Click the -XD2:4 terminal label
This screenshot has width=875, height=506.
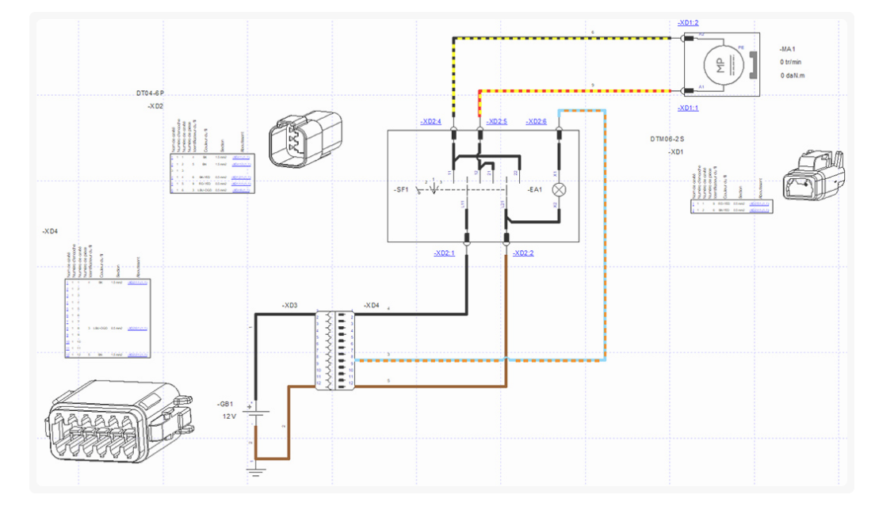pos(430,122)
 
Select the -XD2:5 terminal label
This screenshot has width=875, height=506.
pos(496,122)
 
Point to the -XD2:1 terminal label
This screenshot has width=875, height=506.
pos(444,253)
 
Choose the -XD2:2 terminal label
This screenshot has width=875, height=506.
pos(523,253)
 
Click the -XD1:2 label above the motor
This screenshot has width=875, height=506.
pos(688,23)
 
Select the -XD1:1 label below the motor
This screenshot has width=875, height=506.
pos(688,108)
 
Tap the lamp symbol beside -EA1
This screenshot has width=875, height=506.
pos(559,189)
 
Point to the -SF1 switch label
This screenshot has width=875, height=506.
pos(402,190)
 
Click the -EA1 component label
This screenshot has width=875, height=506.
pos(535,189)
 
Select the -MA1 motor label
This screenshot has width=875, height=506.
pos(788,49)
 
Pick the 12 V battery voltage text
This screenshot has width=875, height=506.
pos(229,416)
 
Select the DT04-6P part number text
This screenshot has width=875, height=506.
pos(150,93)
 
